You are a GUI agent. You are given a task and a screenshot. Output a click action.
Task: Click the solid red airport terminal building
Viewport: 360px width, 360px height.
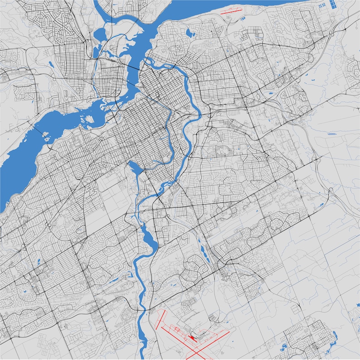pyautogui.click(x=192, y=337)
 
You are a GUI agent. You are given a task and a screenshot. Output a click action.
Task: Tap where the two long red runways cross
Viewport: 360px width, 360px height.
pyautogui.click(x=196, y=349)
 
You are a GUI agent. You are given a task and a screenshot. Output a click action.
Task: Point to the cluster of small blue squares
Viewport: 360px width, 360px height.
pyautogui.click(x=321, y=5)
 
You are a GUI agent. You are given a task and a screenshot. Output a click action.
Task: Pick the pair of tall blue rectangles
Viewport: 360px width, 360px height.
pyautogui.click(x=333, y=5)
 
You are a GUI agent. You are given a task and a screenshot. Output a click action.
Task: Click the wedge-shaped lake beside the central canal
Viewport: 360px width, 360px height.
pyautogui.click(x=135, y=167)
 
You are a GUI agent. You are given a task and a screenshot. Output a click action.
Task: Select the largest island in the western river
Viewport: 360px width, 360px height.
pyautogui.click(x=89, y=119)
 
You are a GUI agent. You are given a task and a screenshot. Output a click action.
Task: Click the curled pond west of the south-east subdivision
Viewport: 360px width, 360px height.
pyautogui.click(x=285, y=349)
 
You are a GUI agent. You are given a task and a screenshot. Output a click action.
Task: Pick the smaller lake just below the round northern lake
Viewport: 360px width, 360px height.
pyautogui.click(x=96, y=50)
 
